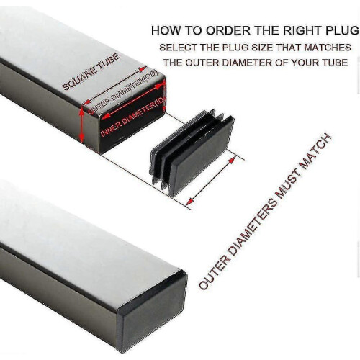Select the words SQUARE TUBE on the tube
point(91,71)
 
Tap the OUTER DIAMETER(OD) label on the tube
point(123,91)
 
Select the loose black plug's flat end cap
point(202,156)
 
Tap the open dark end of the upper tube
point(132,116)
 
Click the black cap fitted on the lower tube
point(152,312)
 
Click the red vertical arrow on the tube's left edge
point(82,125)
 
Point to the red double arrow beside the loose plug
point(211,181)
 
